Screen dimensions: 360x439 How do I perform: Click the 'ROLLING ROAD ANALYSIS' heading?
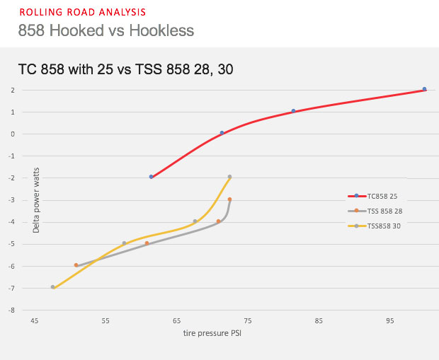click(x=83, y=12)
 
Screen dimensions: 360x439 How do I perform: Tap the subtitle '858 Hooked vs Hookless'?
click(x=106, y=30)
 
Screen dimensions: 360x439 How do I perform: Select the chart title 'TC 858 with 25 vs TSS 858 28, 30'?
click(x=126, y=69)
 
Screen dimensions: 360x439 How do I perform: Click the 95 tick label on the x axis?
click(x=390, y=320)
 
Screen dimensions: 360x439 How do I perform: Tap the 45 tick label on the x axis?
click(x=34, y=320)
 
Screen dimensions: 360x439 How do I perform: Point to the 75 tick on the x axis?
click(x=248, y=320)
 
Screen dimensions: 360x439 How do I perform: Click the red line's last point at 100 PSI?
click(x=424, y=89)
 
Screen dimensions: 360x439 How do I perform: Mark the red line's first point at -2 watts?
click(x=152, y=177)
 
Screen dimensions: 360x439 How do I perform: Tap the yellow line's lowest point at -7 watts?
click(x=52, y=287)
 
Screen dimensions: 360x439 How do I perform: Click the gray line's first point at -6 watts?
click(x=76, y=265)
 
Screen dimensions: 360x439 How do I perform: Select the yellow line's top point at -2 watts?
click(x=229, y=177)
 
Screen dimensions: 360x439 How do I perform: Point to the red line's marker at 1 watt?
click(x=293, y=111)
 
